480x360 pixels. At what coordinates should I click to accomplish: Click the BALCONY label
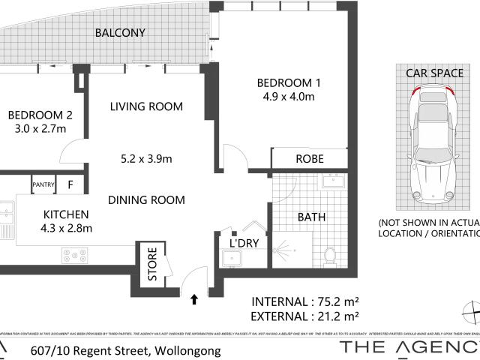coord(120,33)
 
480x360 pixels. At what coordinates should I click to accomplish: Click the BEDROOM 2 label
coord(40,115)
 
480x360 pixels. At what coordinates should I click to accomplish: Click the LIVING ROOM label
coord(146,106)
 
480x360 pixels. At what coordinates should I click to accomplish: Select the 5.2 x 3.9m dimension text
coord(147,158)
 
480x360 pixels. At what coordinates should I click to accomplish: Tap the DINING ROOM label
coord(146,199)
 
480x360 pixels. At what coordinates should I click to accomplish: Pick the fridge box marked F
coord(70,184)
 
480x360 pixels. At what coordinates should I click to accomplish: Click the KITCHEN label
coord(65,214)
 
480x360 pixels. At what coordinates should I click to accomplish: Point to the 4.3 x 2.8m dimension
coord(66,228)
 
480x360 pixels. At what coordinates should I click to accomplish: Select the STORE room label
coord(152,265)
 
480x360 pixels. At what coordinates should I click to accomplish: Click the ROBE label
coord(309,159)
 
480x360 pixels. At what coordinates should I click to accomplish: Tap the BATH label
coord(311,218)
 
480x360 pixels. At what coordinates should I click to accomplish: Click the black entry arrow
coord(195,299)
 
